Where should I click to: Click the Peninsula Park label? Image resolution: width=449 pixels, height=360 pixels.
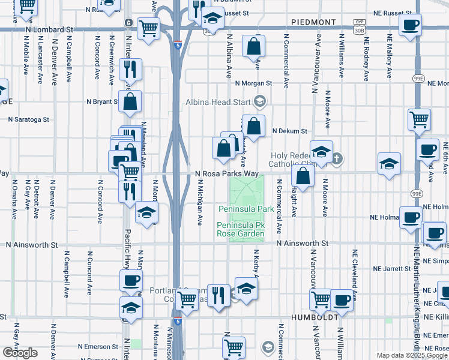pos(246,209)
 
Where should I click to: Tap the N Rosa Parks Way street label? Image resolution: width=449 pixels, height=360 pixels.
pos(228,173)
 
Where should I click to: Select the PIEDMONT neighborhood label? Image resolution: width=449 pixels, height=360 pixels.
pos(313,22)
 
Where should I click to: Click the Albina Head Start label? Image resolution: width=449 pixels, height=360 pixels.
pos(218,101)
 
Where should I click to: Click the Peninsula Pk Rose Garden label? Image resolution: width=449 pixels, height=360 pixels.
pos(241,229)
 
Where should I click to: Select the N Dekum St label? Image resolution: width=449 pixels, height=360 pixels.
pos(289,131)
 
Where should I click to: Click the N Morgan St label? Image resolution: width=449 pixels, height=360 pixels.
pos(253,83)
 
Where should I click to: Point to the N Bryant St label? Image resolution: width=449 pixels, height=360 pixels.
pos(104,101)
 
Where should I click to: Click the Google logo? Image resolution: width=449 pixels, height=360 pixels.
pos(19,353)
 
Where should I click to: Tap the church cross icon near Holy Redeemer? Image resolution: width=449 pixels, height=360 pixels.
pos(337,159)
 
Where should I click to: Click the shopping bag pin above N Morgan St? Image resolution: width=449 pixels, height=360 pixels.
pos(254,45)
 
